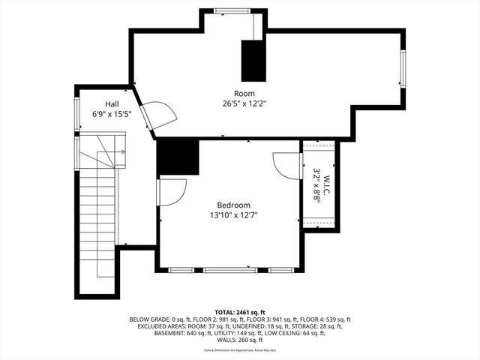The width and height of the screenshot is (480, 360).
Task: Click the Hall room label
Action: point(111,104)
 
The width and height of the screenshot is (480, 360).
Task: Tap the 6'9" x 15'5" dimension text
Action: point(111,115)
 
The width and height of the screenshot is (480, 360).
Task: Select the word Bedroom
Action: point(233,205)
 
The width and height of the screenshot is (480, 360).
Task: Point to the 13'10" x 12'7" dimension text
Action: point(233,215)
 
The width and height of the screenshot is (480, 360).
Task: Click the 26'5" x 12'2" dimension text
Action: point(244,103)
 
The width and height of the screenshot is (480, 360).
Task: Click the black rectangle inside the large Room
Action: point(253,60)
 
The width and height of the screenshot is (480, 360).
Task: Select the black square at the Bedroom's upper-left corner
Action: point(178,157)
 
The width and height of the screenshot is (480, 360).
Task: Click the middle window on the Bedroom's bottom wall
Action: point(230,269)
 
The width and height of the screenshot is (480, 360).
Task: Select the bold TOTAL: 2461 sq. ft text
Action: point(241,311)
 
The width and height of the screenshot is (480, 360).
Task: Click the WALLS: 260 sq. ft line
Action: point(240,341)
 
